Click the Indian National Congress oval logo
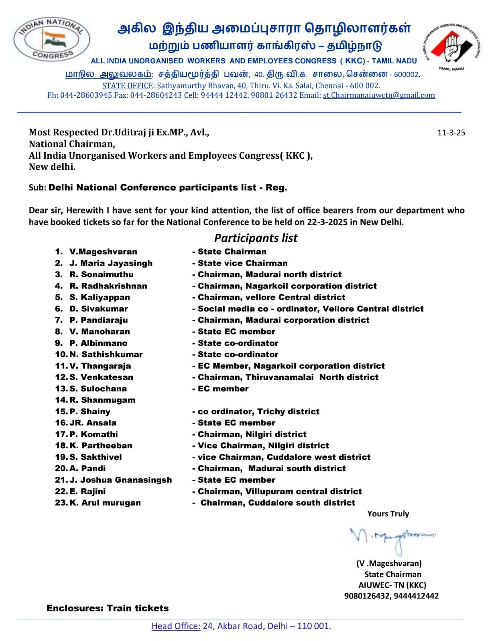coord(52,39)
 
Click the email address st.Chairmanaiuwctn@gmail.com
coord(379,95)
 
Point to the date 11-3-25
coord(451,133)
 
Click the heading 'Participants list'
coord(256,238)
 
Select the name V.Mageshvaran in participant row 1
coord(103,252)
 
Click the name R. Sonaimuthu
coord(102,274)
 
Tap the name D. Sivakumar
coord(99,309)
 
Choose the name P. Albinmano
coord(98,343)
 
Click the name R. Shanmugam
coord(102,400)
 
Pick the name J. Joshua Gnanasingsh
coord(120,480)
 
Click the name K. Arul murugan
coord(105,503)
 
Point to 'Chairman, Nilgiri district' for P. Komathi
coord(252,434)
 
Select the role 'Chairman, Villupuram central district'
coord(279,492)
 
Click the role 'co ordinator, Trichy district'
coord(258,411)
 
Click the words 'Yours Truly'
coord(388,514)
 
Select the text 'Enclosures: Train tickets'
coord(108,608)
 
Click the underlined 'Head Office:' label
coord(176,626)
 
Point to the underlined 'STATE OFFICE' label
coord(128,85)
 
